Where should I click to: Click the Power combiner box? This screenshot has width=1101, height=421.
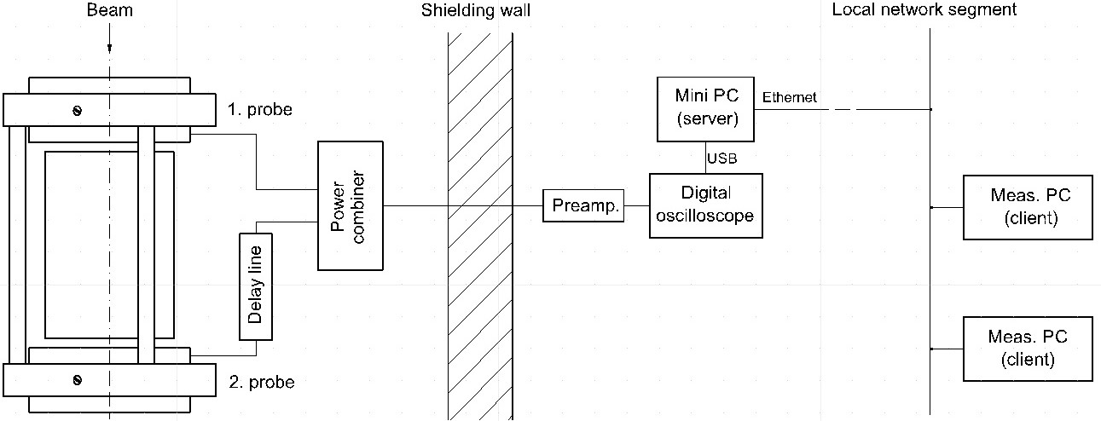click(351, 206)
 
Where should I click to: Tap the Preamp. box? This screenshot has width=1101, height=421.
click(583, 206)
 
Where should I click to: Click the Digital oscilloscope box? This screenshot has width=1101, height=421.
click(705, 205)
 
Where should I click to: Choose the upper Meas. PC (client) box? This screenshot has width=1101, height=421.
click(1028, 207)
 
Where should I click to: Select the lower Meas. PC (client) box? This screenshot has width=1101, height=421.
click(1028, 349)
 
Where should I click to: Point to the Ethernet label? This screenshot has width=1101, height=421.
click(789, 97)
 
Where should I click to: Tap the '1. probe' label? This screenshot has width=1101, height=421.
click(260, 110)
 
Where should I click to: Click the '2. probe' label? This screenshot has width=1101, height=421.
click(262, 383)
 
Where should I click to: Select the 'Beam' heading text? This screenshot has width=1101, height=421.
click(109, 10)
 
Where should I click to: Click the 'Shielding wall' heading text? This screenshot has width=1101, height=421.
click(481, 10)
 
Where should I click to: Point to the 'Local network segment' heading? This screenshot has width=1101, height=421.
click(924, 10)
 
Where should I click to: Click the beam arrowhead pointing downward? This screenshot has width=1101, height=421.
click(109, 49)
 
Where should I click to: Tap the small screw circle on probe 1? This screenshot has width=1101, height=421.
click(77, 110)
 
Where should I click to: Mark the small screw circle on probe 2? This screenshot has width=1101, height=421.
click(77, 379)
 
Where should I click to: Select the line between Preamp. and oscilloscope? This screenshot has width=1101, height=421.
click(636, 206)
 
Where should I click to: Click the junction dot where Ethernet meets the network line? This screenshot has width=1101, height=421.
click(930, 109)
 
